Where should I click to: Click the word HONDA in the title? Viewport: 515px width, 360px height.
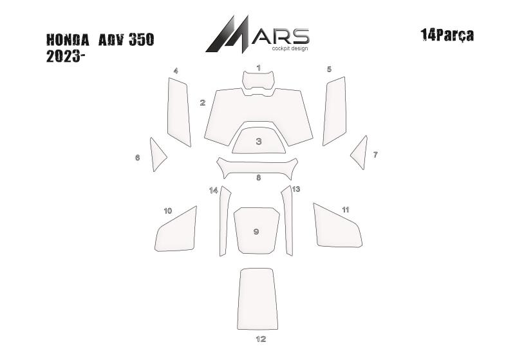click(x=68, y=40)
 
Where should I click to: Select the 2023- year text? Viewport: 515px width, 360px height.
click(x=63, y=57)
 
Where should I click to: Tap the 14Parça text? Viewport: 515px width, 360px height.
click(x=447, y=35)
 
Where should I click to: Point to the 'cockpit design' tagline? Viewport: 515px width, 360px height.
click(x=290, y=48)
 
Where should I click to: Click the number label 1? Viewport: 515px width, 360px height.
click(x=259, y=68)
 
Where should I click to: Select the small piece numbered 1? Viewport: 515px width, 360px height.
click(x=259, y=80)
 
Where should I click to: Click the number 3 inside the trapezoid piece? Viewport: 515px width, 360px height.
click(x=259, y=141)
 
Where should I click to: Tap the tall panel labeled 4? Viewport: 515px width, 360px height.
click(x=179, y=112)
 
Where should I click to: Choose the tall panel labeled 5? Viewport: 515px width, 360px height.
click(x=335, y=111)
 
